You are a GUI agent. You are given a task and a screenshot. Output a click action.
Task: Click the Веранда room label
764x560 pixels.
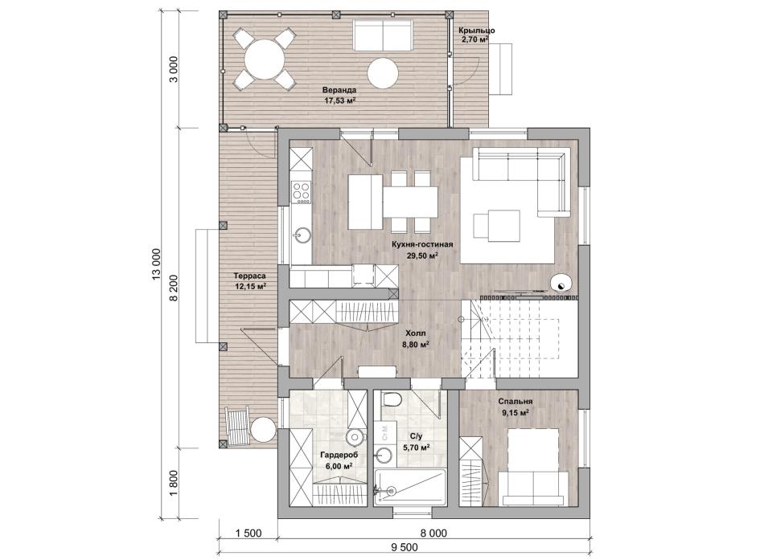click(x=339, y=90)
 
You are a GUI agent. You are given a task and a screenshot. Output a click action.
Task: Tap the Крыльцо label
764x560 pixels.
click(x=477, y=31)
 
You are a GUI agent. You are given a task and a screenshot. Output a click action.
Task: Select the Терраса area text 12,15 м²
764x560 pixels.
click(x=250, y=287)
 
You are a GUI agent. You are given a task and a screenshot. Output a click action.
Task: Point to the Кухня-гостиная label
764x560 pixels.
click(x=422, y=244)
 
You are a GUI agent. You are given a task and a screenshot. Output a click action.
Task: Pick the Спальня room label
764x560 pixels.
click(x=515, y=402)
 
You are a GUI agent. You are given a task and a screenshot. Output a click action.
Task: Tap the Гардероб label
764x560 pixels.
click(x=339, y=455)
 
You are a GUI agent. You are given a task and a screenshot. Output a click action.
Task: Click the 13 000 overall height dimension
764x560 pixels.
click(x=156, y=265)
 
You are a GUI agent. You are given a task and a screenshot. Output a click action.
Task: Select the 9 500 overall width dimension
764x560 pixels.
click(x=405, y=548)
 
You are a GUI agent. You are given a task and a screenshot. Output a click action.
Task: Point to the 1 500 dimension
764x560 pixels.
click(x=249, y=533)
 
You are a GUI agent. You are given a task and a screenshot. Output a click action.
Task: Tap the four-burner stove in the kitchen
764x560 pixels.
click(x=301, y=191)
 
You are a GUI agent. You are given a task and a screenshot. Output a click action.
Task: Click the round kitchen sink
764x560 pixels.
click(x=302, y=235)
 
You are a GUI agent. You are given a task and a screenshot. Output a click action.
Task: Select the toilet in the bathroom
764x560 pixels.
click(x=390, y=399)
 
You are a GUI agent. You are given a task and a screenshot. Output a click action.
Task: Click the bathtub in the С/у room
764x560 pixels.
click(x=410, y=487)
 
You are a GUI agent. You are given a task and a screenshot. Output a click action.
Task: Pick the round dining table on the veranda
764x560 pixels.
click(x=264, y=59)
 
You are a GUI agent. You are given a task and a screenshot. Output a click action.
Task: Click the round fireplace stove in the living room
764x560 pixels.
click(x=561, y=283)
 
